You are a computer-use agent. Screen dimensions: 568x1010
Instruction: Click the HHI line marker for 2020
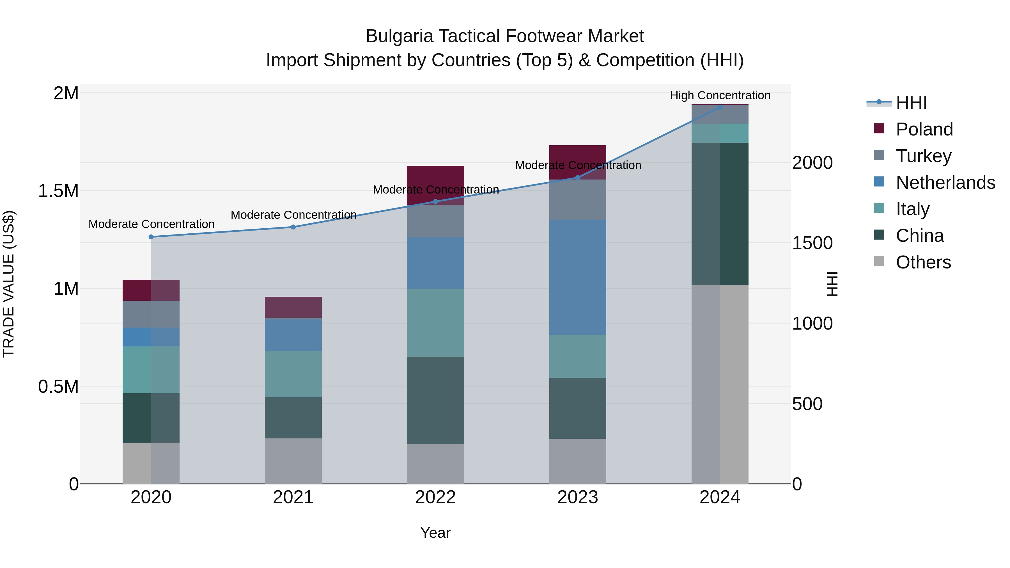(151, 237)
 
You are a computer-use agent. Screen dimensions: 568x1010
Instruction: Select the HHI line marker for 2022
(435, 201)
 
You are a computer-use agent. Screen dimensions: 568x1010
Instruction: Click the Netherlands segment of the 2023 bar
(578, 277)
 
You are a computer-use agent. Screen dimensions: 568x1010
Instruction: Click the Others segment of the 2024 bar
(720, 384)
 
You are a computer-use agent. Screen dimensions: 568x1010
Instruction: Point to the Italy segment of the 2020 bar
(151, 370)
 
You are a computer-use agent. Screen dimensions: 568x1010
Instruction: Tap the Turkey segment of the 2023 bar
(578, 199)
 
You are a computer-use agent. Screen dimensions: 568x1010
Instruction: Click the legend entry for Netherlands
(945, 183)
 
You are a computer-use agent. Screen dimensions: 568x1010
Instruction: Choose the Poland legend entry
(924, 129)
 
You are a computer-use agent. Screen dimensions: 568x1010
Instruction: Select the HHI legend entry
(911, 103)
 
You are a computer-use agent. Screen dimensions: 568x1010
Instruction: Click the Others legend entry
(923, 262)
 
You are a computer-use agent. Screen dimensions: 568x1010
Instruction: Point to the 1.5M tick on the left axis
(58, 191)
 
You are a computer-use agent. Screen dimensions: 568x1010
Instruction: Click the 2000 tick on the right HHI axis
(812, 163)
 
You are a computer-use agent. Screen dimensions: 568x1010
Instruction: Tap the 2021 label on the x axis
(293, 497)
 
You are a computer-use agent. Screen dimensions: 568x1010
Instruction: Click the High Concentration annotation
(720, 95)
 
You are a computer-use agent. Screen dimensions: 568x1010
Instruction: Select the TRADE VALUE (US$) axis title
(9, 284)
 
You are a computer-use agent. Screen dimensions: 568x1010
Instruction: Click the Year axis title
(435, 533)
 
